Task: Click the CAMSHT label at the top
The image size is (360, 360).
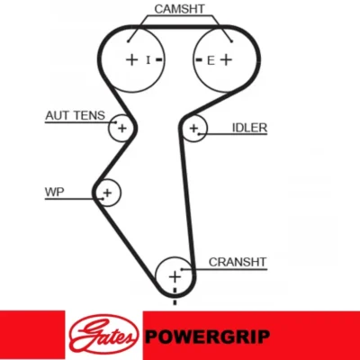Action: tap(179, 9)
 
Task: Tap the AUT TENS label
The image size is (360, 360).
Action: tap(75, 115)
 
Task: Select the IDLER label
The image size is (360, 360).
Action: tap(249, 128)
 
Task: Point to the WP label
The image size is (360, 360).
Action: tap(54, 192)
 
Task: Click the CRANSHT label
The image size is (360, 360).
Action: tap(238, 262)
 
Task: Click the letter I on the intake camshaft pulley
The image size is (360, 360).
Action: tap(148, 60)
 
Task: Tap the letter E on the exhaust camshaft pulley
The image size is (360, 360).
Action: tap(211, 61)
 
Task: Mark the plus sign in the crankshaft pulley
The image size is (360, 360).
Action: tap(175, 276)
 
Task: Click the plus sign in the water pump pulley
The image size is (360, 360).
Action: tap(107, 193)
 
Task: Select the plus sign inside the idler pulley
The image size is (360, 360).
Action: tap(193, 129)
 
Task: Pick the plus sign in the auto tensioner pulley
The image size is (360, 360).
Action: tap(122, 129)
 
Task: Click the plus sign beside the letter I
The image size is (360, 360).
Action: tap(131, 59)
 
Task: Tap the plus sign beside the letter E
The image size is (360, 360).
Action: tap(226, 59)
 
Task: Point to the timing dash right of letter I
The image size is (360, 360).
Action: tap(158, 60)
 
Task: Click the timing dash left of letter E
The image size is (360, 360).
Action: tap(199, 60)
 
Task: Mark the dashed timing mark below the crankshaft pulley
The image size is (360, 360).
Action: tap(175, 296)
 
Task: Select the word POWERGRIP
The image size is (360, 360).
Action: tap(207, 337)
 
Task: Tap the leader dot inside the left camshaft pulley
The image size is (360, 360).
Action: tap(128, 41)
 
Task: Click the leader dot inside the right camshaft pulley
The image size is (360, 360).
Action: tap(231, 41)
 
